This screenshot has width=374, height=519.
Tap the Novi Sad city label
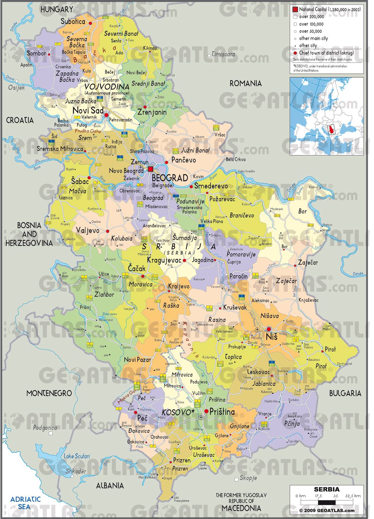(87, 110)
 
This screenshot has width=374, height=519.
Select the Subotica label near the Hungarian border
(73, 21)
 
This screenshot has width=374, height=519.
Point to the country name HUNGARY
(57, 10)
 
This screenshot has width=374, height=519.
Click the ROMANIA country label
(245, 83)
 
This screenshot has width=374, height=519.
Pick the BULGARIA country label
(345, 393)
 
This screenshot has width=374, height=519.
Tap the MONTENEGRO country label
(49, 393)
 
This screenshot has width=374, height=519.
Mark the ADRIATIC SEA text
(26, 503)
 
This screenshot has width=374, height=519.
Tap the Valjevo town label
(88, 230)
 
